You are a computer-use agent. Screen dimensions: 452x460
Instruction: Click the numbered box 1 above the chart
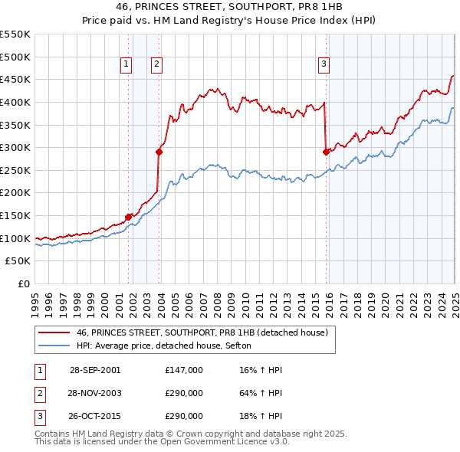tap(125, 64)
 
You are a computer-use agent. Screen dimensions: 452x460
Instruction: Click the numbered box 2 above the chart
tap(156, 64)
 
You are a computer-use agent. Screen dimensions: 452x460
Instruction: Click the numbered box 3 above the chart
tap(324, 64)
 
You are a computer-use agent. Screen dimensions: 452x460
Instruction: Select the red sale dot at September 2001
tap(128, 217)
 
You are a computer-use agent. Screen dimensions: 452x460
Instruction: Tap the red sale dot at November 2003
tap(159, 152)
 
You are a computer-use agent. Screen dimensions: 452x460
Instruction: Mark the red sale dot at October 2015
tap(326, 152)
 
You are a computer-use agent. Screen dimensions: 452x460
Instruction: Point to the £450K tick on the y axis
tap(15, 79)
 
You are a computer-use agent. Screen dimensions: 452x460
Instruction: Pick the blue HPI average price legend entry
tap(169, 346)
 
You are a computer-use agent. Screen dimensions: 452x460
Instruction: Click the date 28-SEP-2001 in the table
tap(95, 370)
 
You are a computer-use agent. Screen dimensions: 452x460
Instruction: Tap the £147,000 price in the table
tap(184, 370)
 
